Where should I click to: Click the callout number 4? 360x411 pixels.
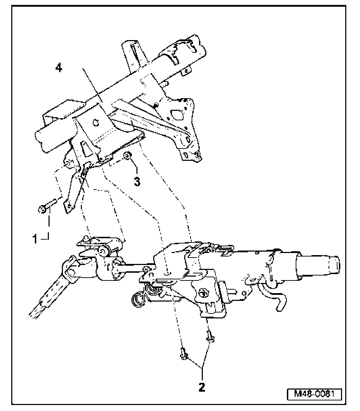(59, 68)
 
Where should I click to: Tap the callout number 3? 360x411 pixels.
(137, 182)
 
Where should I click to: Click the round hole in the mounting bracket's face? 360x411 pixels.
(95, 123)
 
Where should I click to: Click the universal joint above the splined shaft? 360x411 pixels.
(76, 271)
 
